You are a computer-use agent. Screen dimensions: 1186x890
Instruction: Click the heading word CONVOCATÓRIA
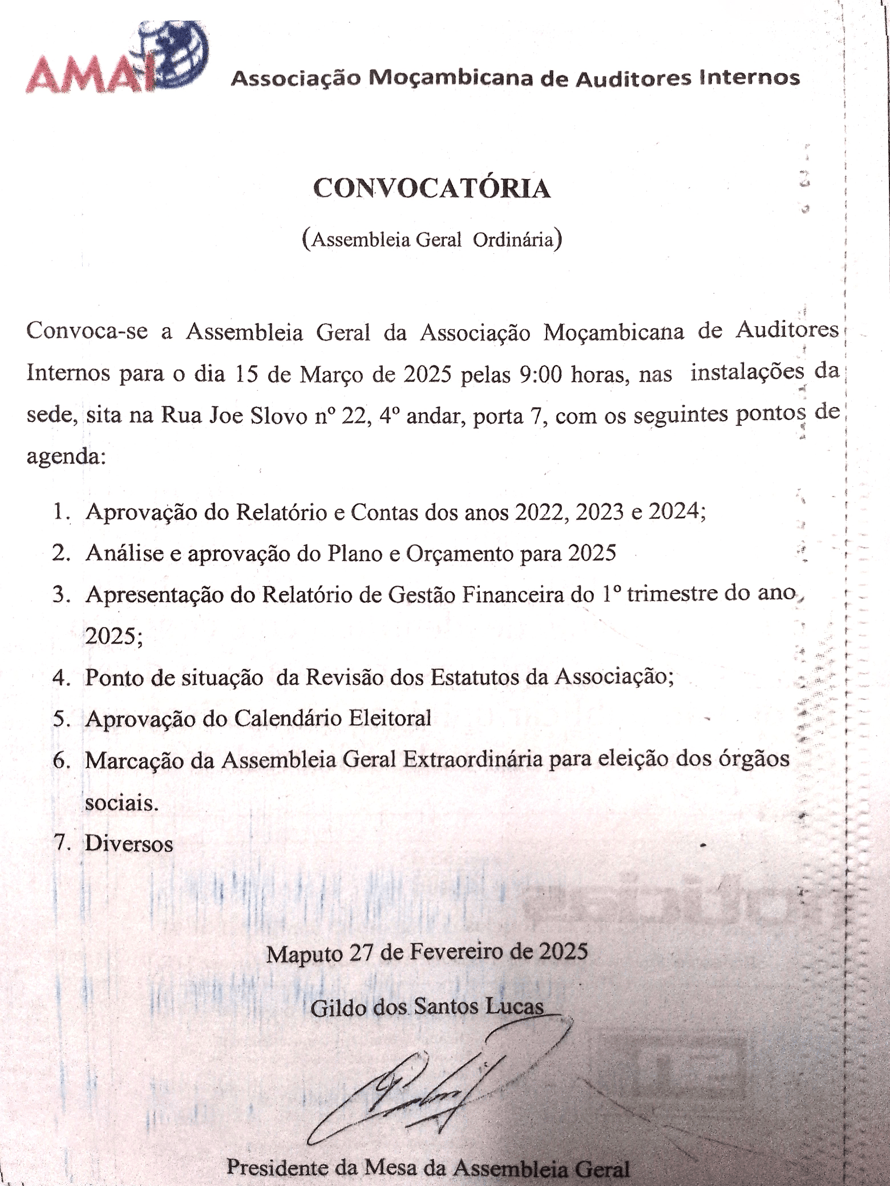432,189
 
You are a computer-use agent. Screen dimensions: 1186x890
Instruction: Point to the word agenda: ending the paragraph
66,457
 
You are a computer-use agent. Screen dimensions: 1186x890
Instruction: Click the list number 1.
61,512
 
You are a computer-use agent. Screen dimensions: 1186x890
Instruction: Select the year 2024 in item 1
674,512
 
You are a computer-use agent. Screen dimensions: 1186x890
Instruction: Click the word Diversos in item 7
128,844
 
